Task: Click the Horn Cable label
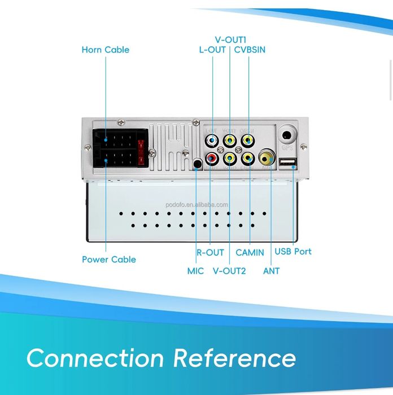[106, 50]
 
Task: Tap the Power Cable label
[109, 260]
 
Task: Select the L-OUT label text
[212, 50]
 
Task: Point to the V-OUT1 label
[230, 39]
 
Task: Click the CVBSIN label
[250, 50]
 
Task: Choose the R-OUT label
[210, 252]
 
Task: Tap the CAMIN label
[250, 252]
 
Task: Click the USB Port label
[293, 251]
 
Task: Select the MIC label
[195, 271]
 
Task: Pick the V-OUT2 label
[229, 271]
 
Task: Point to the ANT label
[271, 271]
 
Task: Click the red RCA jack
[212, 159]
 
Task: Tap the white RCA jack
[212, 140]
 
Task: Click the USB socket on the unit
[288, 164]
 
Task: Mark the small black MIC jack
[197, 165]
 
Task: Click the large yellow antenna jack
[266, 156]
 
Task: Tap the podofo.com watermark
[206, 205]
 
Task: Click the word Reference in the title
[234, 358]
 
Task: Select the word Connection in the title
[95, 358]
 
